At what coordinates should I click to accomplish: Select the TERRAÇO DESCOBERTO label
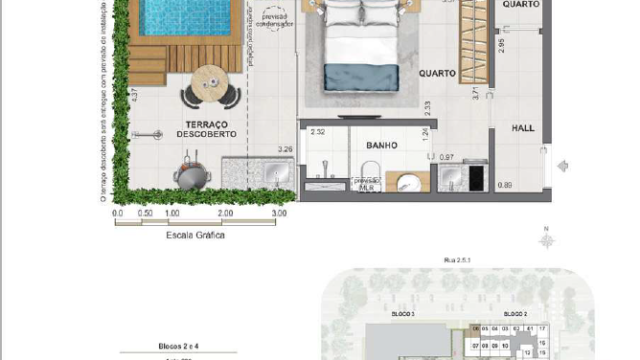207,127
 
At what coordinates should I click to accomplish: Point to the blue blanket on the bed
362,76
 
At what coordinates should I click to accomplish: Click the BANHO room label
381,145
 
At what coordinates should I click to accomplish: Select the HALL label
523,128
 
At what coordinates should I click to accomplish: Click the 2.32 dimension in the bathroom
318,132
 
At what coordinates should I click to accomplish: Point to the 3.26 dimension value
284,151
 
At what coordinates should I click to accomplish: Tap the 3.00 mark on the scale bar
279,213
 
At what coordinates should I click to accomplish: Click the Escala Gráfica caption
195,235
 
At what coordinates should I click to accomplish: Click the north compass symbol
546,238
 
